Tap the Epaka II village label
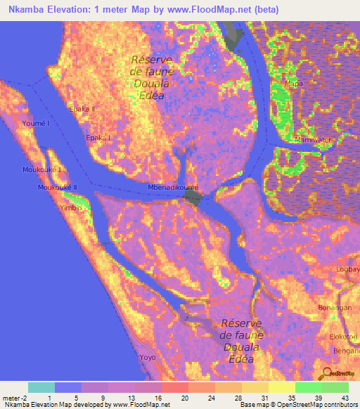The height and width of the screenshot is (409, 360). tap(82, 109)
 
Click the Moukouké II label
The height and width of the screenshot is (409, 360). tap(58, 187)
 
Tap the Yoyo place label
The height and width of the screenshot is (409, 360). tap(148, 357)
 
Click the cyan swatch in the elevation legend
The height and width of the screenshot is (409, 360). tap(41, 387)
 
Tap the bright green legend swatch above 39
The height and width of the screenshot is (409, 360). tap(308, 387)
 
